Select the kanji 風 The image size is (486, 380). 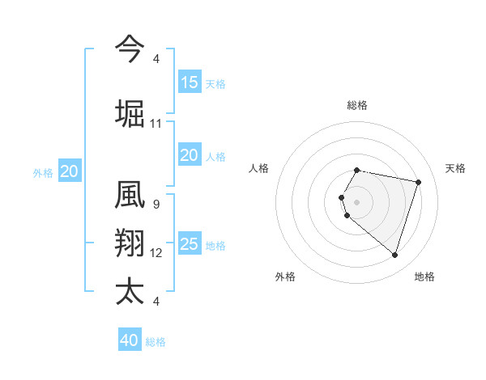[130, 196]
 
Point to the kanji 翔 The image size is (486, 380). [130, 243]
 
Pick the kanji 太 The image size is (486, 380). [130, 291]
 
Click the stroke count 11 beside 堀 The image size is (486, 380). [156, 124]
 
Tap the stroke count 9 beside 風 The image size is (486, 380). [156, 205]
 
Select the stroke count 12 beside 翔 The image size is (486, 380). [156, 253]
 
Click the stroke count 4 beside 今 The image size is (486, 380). [156, 59]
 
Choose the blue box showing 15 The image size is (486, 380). [189, 82]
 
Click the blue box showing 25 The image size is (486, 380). [189, 244]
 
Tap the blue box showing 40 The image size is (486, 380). [129, 340]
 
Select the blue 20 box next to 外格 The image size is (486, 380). [70, 171]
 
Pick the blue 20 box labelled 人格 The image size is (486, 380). [189, 155]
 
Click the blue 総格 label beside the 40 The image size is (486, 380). [156, 342]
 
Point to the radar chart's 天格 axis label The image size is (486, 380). [455, 168]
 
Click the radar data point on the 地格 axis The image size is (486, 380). [394, 255]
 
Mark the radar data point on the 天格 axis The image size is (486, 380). [418, 183]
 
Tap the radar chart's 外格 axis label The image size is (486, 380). [285, 277]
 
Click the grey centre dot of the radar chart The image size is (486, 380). [357, 201]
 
